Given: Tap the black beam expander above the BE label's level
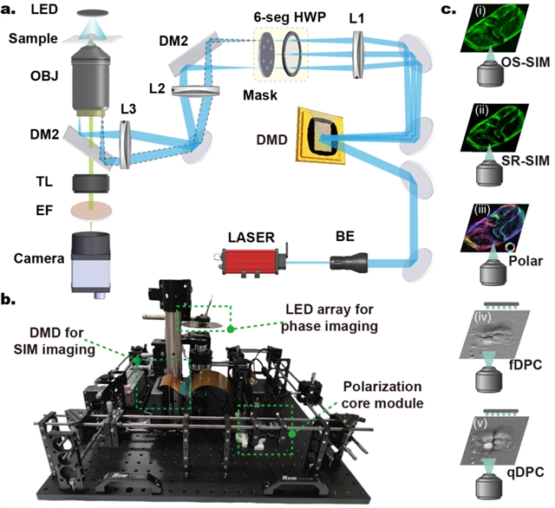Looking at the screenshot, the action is pos(349,263).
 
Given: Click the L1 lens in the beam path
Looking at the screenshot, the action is pos(358,55).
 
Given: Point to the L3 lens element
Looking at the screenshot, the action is pos(125,144).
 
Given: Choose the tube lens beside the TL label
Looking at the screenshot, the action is pos(91,184).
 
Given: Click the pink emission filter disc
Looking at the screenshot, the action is pos(91,211).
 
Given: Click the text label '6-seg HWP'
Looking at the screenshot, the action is pos(290,17).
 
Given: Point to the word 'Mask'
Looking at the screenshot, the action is pos(260,95).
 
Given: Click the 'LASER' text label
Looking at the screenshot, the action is pos(251,237).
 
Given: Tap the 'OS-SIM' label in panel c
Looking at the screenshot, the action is pos(526,62).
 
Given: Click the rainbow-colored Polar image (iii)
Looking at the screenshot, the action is pos(495,228).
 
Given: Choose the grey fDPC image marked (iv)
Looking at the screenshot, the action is pos(494,334).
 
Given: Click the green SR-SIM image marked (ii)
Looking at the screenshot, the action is pos(495,127).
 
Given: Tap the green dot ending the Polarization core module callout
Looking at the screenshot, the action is pos(292,433).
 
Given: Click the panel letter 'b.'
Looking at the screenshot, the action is pos(8,300).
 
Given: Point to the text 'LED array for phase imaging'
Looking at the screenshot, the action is pos(330,317).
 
